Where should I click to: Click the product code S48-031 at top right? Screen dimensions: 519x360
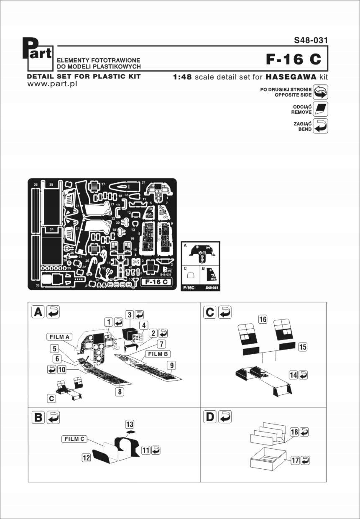tap(310, 41)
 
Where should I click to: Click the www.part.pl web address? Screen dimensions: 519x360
tap(52, 84)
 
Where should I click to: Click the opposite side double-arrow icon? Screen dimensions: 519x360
tap(320, 92)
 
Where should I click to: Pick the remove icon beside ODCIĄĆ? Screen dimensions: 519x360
tap(320, 109)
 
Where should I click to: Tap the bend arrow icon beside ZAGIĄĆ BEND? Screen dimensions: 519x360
tap(320, 126)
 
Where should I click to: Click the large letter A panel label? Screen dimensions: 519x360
tap(38, 312)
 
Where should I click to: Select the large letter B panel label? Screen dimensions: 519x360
tap(38, 417)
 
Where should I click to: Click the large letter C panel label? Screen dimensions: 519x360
tap(209, 312)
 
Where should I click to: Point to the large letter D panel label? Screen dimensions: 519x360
tap(209, 417)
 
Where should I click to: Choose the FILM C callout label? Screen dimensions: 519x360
tap(74, 439)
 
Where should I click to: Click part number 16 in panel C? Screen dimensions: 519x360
tap(262, 320)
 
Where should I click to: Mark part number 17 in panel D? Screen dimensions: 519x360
tap(295, 460)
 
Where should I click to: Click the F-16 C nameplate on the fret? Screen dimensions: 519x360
tap(155, 282)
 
